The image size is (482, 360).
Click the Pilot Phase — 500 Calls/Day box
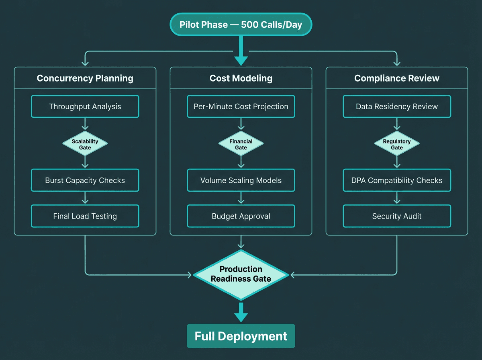coord(241,25)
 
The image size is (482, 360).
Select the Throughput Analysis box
coord(85,106)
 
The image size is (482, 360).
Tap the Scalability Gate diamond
coord(85,144)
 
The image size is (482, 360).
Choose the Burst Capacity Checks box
coord(85,180)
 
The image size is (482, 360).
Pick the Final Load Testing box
coord(85,216)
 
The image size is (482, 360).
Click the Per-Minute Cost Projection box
coord(241,106)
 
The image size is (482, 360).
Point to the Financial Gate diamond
coord(241,144)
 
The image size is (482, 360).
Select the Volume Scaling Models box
coord(241,180)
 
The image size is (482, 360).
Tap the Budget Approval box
coord(241,216)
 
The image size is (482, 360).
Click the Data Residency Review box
coord(397,106)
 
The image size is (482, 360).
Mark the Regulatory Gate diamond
coord(397,144)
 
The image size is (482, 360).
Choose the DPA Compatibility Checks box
coord(397,180)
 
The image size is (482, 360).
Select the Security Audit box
coord(397,216)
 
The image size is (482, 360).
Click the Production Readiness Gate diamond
coord(241,275)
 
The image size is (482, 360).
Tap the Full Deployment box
coord(241,336)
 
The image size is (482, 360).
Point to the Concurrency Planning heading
coord(85,78)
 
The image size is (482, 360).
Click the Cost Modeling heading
coord(241,78)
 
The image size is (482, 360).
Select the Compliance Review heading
coord(397,78)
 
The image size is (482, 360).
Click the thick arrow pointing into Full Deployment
coord(241,312)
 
